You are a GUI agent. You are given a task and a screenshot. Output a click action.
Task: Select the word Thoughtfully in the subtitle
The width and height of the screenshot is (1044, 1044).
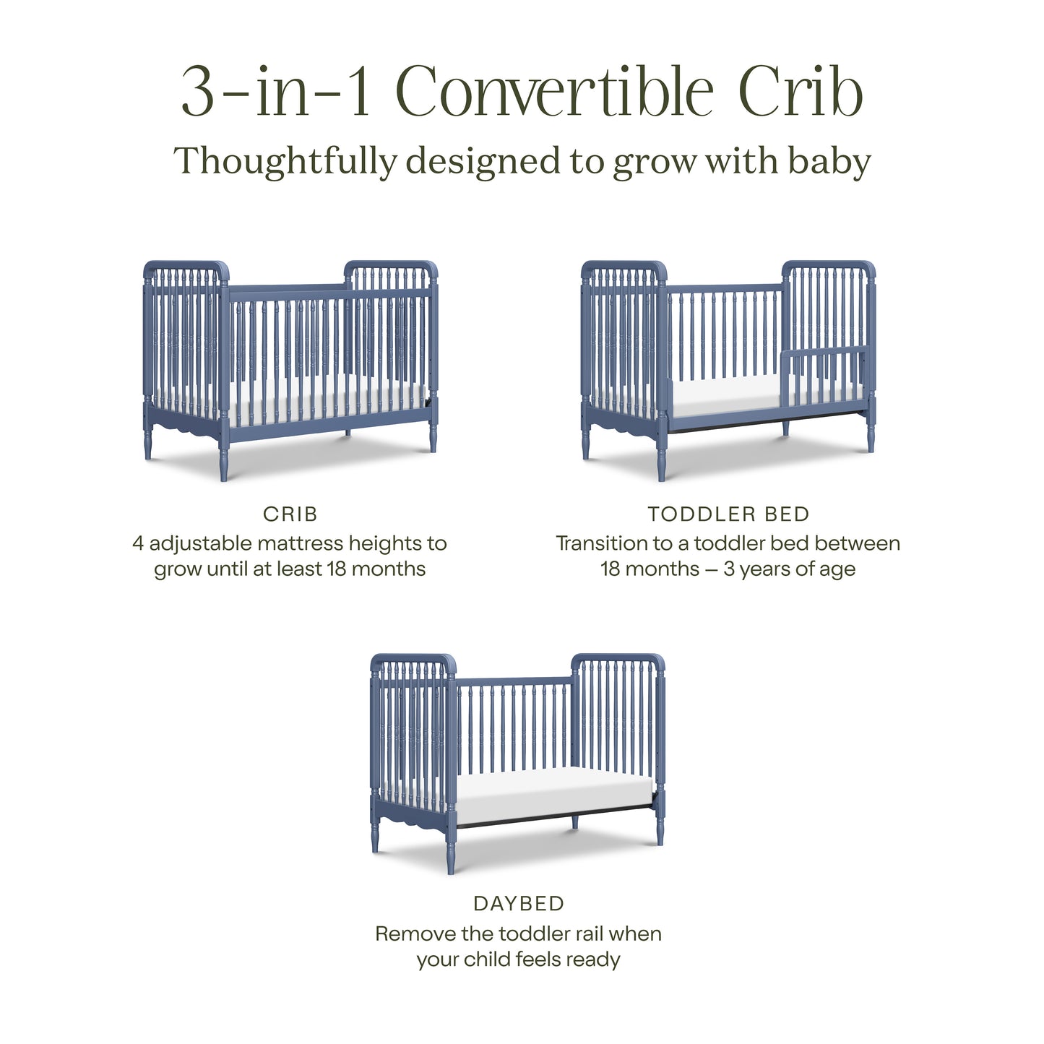[x=285, y=162]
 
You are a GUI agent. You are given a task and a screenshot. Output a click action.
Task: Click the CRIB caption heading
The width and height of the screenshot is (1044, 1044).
[x=290, y=514]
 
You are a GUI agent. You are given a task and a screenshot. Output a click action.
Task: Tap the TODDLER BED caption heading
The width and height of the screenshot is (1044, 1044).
[x=728, y=514]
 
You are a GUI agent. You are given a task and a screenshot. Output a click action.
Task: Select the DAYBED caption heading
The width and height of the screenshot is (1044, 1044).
[x=519, y=904]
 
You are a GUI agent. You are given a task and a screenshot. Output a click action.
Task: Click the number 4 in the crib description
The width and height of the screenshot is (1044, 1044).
[x=137, y=543]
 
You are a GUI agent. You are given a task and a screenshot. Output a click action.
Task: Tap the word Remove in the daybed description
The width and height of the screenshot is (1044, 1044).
[x=415, y=933]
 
